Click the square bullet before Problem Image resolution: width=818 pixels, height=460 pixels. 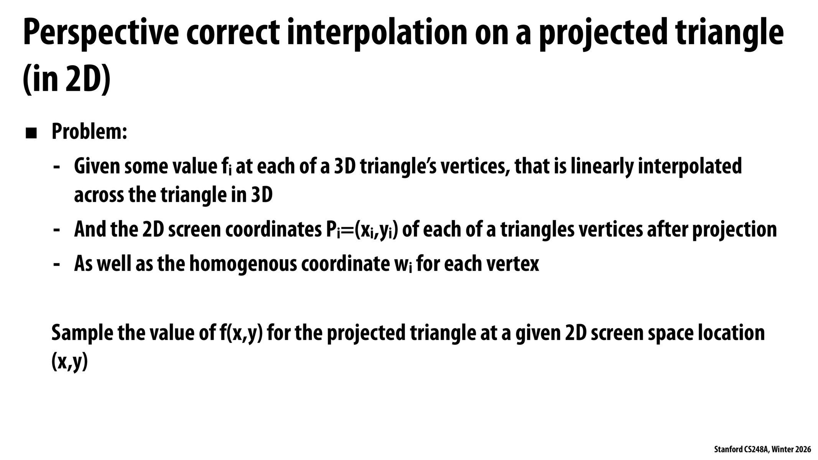(x=31, y=134)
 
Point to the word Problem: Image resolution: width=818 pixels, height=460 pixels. (x=89, y=132)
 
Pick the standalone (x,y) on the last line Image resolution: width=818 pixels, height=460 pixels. (x=70, y=362)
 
